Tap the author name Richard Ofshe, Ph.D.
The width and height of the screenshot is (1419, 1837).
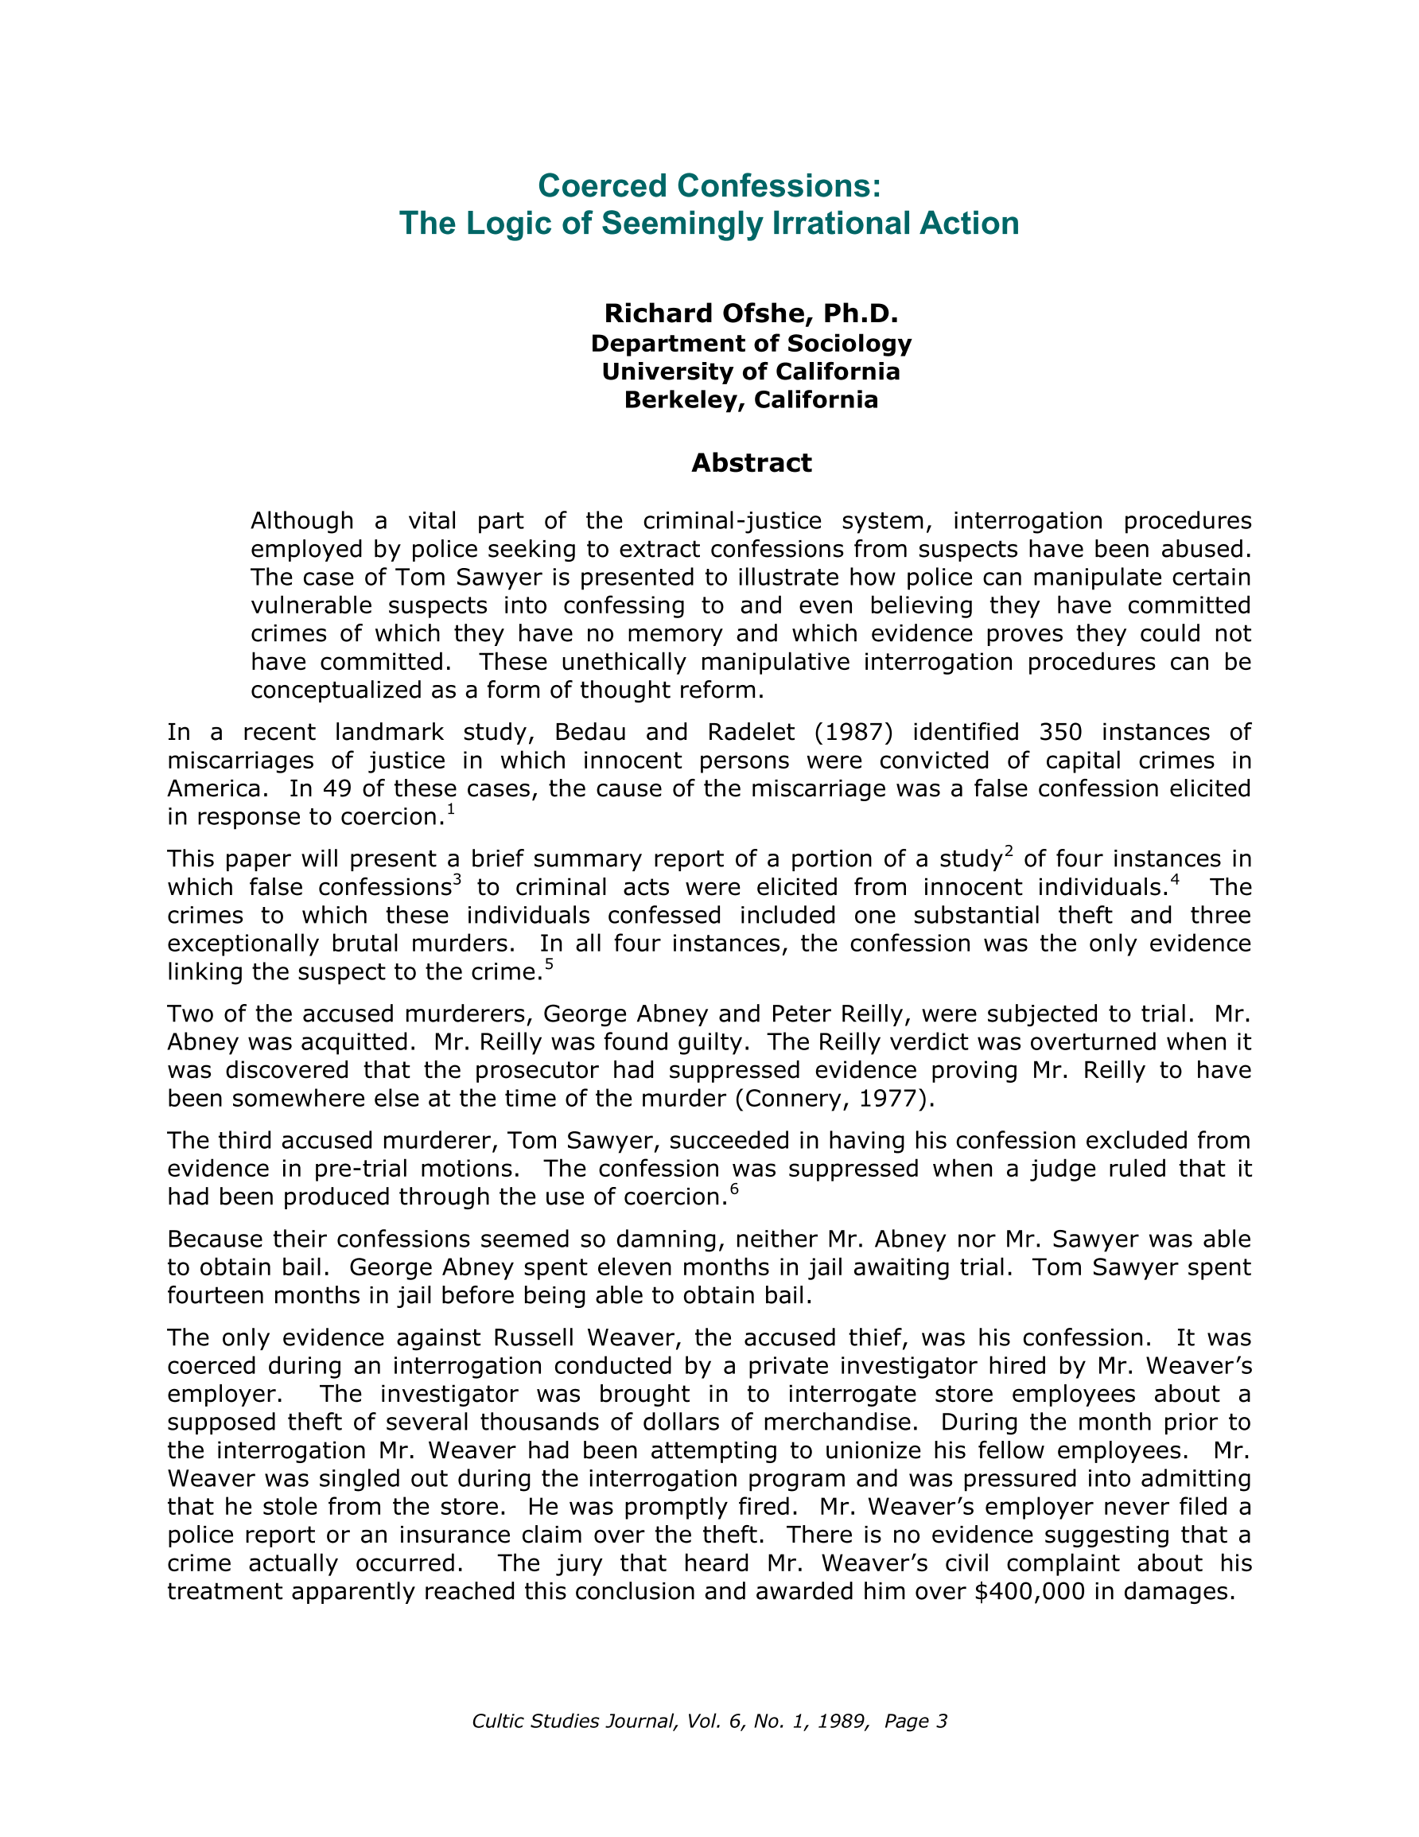[x=751, y=313]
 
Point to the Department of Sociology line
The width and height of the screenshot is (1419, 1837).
[x=751, y=343]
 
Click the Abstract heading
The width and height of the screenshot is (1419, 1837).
[x=751, y=462]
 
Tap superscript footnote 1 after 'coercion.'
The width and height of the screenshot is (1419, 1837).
[x=450, y=809]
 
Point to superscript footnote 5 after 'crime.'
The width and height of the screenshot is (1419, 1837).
[x=548, y=964]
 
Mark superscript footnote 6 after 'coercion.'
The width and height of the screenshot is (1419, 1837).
[x=733, y=1189]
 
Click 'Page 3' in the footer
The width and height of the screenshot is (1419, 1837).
[x=916, y=1721]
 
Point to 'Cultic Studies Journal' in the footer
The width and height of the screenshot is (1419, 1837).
[x=573, y=1721]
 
